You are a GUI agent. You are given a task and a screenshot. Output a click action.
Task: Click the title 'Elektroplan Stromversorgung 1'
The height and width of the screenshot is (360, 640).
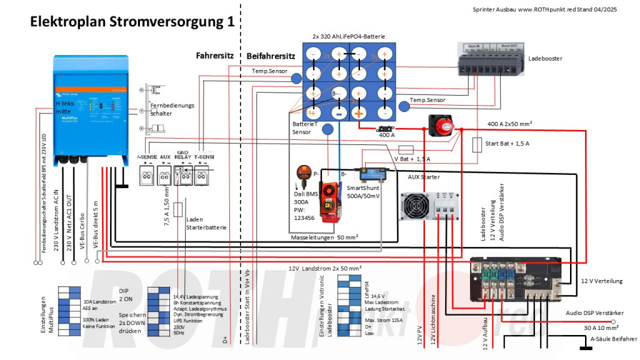point(133,22)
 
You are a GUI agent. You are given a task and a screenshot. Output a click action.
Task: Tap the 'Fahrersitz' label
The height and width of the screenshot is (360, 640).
point(214,55)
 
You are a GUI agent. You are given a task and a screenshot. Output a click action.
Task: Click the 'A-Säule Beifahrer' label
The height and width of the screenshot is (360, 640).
point(614,339)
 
